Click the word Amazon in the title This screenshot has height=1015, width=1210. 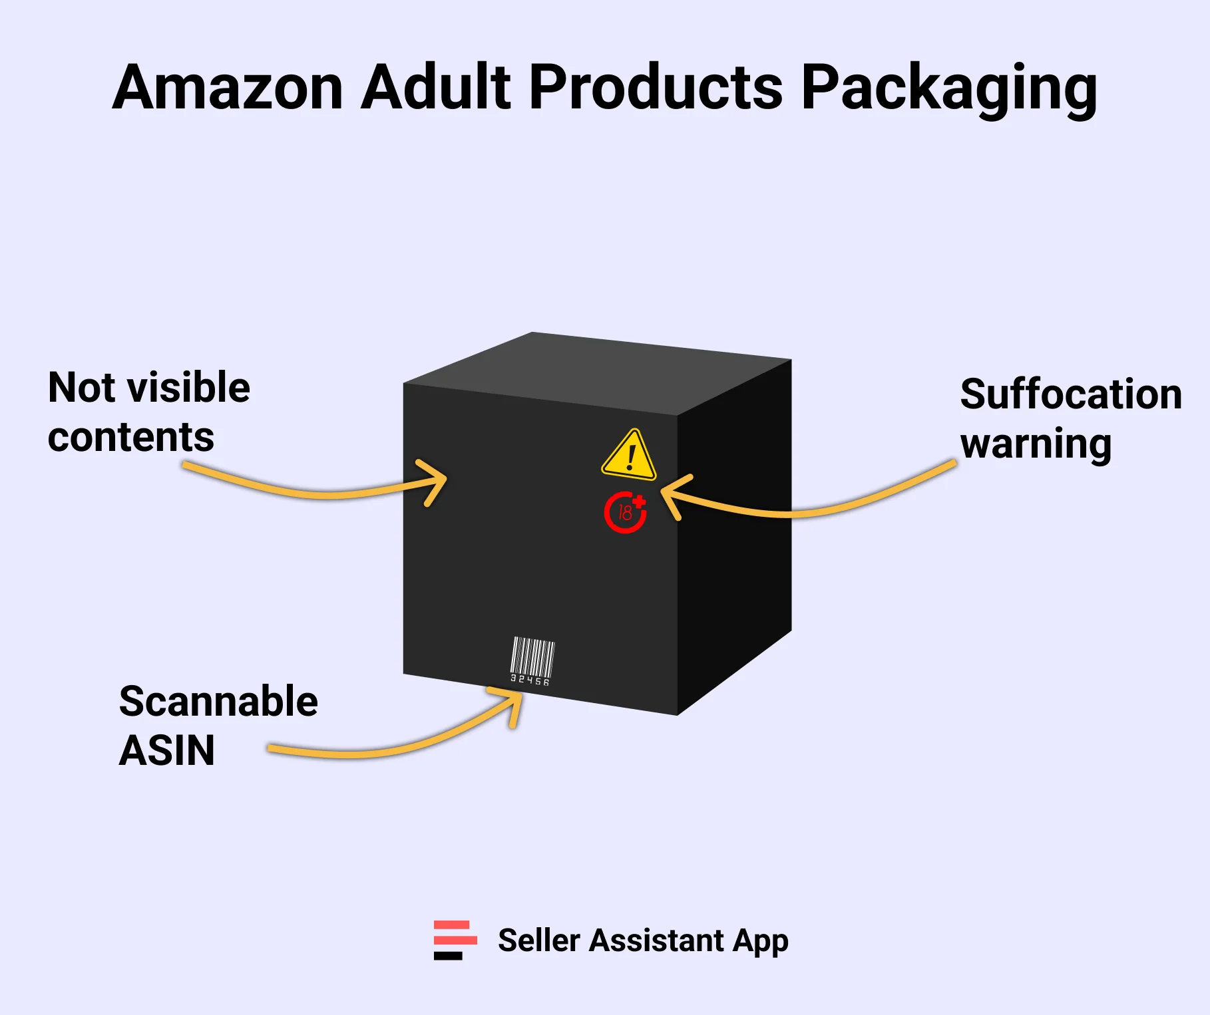tap(228, 88)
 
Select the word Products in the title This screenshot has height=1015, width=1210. tap(656, 88)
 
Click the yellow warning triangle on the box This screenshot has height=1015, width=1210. tap(629, 456)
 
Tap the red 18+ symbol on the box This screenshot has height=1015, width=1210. tap(625, 512)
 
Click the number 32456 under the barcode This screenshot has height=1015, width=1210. tap(530, 680)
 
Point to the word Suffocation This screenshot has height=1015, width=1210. tap(1070, 394)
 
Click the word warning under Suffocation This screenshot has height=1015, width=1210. tap(1036, 444)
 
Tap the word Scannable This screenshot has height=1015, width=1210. tap(218, 702)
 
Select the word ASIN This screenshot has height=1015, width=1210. tap(166, 751)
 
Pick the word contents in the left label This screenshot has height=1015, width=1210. tap(131, 438)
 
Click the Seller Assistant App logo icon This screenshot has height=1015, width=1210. tap(455, 940)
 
